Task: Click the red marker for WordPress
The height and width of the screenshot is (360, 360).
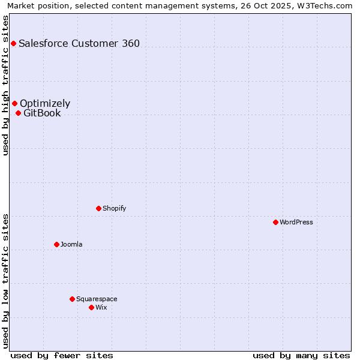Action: point(275,222)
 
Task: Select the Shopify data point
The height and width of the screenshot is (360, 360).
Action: point(98,208)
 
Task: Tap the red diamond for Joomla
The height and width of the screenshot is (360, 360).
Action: point(56,244)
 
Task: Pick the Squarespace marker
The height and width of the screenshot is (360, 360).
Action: point(72,299)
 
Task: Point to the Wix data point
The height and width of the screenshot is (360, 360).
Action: point(91,307)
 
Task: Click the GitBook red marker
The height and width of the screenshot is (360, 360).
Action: point(18,113)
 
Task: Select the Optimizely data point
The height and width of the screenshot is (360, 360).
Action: point(14,103)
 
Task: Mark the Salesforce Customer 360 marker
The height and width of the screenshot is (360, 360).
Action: point(13,43)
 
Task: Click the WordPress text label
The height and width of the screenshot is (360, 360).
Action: point(296,222)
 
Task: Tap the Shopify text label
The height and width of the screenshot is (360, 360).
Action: point(114,208)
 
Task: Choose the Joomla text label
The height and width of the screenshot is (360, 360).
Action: point(71,244)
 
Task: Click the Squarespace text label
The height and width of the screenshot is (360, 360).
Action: point(97,299)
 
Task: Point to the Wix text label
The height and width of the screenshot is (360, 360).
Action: point(101,307)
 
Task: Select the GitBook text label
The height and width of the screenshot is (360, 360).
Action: point(42,113)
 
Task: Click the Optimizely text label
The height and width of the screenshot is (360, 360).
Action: point(45,103)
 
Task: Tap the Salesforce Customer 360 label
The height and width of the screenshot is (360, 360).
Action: point(79,43)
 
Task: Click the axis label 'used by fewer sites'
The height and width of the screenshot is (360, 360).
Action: point(62,355)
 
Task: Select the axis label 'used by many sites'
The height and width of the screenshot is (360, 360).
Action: point(301,355)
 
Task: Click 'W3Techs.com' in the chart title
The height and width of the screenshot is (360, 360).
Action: point(328,6)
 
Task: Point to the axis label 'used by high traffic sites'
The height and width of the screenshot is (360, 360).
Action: point(6,85)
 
